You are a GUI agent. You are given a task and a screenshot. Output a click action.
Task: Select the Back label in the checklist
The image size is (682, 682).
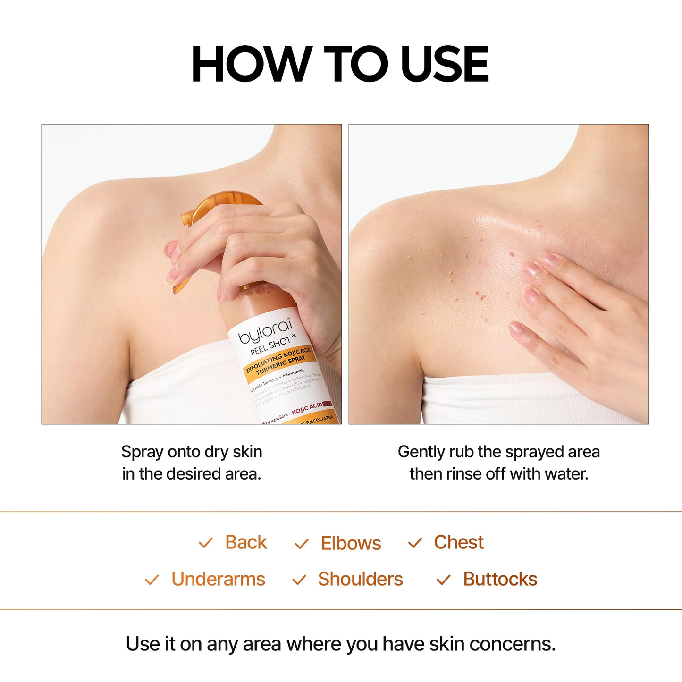pyautogui.click(x=246, y=542)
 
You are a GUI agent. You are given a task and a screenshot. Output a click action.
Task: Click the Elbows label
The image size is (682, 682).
pyautogui.click(x=351, y=543)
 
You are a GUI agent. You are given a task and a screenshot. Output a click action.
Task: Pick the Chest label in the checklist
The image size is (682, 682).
pyautogui.click(x=458, y=542)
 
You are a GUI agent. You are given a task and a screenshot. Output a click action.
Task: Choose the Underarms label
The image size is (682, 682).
pyautogui.click(x=218, y=579)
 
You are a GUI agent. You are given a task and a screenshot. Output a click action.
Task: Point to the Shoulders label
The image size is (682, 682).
pyautogui.click(x=360, y=579)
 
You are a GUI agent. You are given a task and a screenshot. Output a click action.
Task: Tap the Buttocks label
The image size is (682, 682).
pyautogui.click(x=500, y=579)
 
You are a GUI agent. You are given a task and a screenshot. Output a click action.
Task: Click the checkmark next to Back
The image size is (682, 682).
pyautogui.click(x=205, y=543)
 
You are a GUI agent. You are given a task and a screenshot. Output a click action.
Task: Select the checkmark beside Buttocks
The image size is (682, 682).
pyautogui.click(x=443, y=580)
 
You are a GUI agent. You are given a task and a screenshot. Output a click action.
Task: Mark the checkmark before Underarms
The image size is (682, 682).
pyautogui.click(x=152, y=580)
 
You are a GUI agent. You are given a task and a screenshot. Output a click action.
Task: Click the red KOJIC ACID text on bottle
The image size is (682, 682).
pyautogui.click(x=307, y=408)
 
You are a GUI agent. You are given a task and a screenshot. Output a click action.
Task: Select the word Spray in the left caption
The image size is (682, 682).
pyautogui.click(x=137, y=452)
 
